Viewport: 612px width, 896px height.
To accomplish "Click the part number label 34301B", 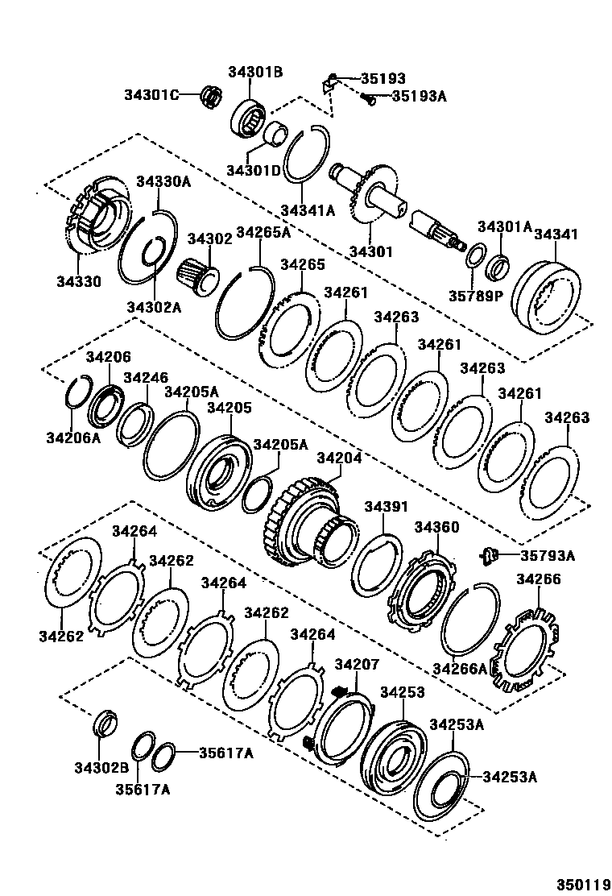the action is [255, 72].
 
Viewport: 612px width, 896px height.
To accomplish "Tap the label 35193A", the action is [419, 96].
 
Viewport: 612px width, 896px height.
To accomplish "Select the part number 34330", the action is [79, 281].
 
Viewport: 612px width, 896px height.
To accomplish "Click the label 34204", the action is [340, 458].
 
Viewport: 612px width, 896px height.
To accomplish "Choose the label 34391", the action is [387, 507].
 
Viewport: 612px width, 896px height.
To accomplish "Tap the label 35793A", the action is [548, 555].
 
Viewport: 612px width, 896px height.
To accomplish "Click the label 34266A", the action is [460, 668].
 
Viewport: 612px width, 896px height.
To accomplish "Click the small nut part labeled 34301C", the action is [213, 95].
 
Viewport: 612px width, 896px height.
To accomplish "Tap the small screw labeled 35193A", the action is [367, 100].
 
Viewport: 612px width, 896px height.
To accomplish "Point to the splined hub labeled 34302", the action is [199, 278].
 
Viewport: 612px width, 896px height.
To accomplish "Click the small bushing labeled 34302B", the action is [104, 722].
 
